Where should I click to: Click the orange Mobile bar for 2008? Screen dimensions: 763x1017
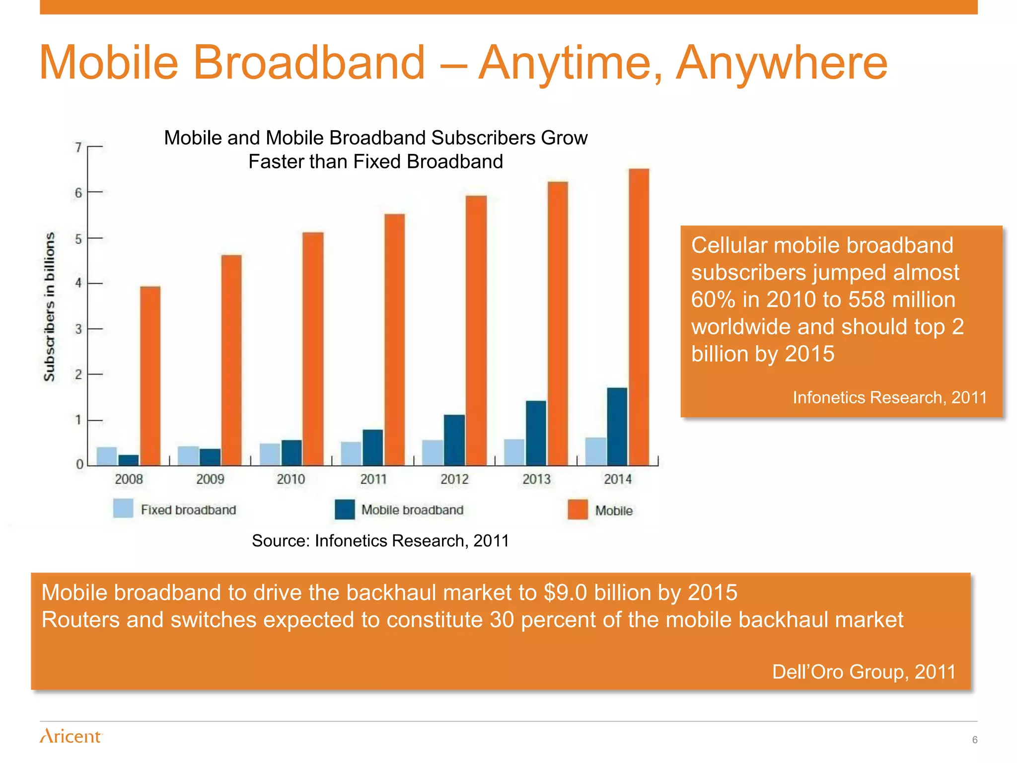[150, 376]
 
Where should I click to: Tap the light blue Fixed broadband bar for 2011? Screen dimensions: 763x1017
[351, 453]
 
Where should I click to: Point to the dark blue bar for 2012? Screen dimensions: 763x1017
[454, 440]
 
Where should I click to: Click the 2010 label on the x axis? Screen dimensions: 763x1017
[291, 479]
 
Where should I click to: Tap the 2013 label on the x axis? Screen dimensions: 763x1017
[536, 479]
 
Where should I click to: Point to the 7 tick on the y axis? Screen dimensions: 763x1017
[78, 148]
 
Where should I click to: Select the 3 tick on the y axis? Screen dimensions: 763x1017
[78, 329]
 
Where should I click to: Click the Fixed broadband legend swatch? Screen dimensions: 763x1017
[123, 509]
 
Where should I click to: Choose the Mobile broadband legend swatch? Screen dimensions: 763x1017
[345, 509]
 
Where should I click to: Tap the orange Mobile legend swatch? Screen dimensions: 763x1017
[578, 509]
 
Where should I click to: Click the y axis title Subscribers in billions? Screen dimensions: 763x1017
[49, 306]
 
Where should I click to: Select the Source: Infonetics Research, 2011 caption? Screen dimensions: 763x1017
[380, 540]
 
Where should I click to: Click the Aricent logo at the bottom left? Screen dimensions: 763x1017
[71, 736]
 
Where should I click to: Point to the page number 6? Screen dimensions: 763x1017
[974, 740]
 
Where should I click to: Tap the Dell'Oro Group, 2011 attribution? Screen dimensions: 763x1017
[864, 672]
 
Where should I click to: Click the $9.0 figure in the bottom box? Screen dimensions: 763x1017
[565, 593]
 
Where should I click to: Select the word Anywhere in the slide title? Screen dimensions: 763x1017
[782, 63]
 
